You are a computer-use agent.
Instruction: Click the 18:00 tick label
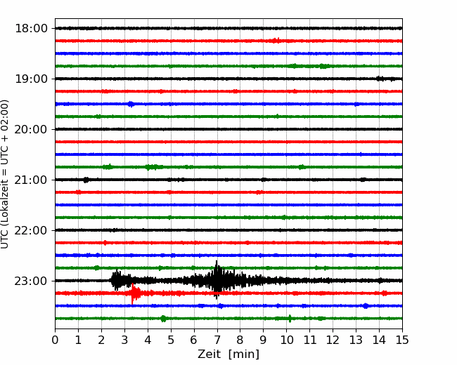[31, 29]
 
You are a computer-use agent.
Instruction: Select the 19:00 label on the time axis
[31, 79]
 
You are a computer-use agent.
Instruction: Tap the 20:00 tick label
[31, 129]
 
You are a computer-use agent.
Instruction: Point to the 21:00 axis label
[31, 180]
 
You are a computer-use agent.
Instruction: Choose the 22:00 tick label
[31, 230]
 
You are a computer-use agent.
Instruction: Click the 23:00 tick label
[31, 281]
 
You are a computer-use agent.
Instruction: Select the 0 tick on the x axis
[55, 340]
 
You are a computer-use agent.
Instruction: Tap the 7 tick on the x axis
[217, 340]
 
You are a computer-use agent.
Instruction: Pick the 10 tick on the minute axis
[286, 340]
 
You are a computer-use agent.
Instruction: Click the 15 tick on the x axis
[402, 340]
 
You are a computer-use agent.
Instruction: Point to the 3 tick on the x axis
[124, 340]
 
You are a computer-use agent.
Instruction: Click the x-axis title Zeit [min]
[228, 354]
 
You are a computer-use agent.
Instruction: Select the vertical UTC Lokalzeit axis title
[5, 174]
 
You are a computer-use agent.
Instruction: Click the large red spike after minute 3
[133, 293]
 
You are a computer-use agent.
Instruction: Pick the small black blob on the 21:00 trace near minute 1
[86, 180]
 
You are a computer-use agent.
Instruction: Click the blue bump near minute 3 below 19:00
[131, 104]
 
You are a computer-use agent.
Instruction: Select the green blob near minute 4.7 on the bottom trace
[163, 319]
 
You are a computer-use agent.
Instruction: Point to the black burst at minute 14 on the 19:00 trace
[380, 79]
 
